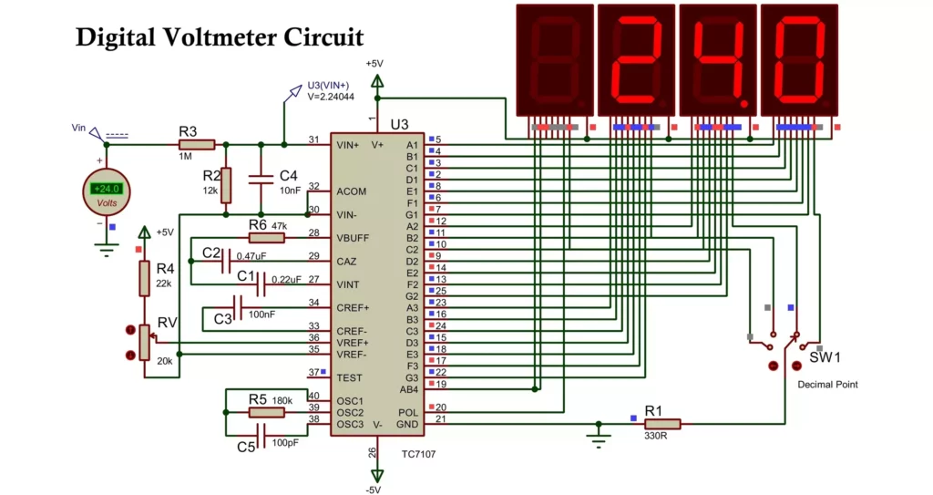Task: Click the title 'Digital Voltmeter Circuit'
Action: point(219,36)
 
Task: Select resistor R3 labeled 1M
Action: point(196,144)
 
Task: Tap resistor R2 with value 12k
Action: point(226,185)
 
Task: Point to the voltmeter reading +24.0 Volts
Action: point(107,192)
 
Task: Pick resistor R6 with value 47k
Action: point(266,238)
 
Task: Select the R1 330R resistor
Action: point(662,423)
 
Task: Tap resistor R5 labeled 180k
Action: point(267,412)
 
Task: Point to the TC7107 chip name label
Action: point(418,453)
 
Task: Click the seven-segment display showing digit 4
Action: point(718,60)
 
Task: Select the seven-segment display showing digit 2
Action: point(636,60)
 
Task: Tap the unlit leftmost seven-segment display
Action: point(554,60)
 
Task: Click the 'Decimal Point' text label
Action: point(827,385)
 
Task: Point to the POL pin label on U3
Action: point(407,412)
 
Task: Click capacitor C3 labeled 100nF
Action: point(240,307)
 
